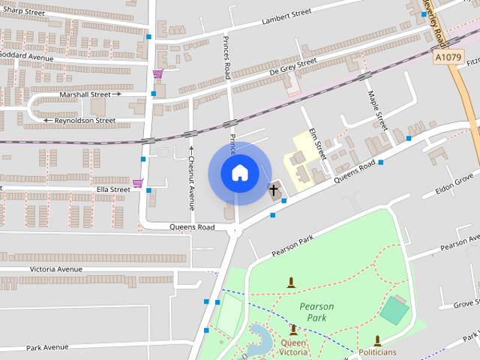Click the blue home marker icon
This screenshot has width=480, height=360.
(239, 172)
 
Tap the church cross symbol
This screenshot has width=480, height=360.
(274, 190)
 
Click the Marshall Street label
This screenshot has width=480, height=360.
(85, 94)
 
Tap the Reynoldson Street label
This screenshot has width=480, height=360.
(84, 120)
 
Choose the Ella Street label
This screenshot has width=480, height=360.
(113, 190)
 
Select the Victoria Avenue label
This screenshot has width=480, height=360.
(56, 268)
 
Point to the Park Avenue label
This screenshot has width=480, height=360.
(47, 347)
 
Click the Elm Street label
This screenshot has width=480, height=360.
(317, 142)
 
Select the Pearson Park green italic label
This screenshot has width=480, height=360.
(316, 312)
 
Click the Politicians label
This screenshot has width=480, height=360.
(377, 352)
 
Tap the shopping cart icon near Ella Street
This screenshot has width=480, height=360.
(138, 183)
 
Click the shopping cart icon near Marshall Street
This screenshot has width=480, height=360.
(157, 73)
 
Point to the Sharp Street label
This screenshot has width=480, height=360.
(23, 12)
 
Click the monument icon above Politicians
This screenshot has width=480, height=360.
(377, 340)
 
